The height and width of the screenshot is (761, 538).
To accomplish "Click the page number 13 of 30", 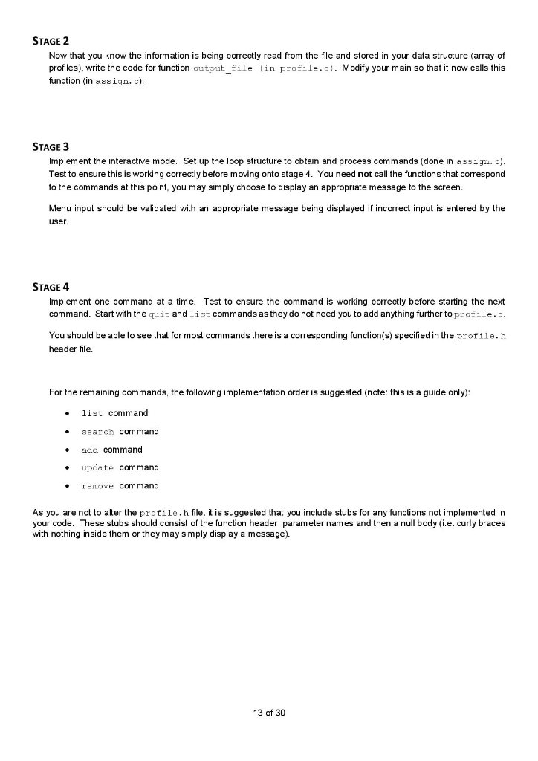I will click(269, 713).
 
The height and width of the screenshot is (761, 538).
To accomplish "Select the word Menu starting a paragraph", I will click(60, 208).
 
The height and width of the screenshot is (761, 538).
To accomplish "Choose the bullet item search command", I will click(120, 431).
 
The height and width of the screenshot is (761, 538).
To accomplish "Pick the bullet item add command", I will click(111, 449).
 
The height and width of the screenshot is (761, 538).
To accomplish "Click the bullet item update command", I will click(120, 467).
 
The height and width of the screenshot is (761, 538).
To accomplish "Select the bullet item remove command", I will click(120, 485).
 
